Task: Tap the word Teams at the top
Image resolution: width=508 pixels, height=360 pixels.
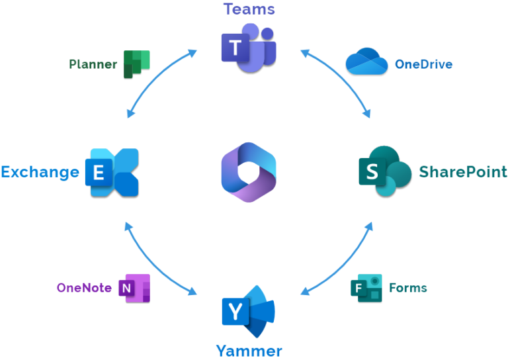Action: click(249, 9)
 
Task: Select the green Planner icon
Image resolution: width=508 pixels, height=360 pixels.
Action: click(136, 64)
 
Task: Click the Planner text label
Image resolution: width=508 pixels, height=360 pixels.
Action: click(93, 64)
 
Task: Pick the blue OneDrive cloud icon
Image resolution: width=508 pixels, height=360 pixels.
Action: click(366, 62)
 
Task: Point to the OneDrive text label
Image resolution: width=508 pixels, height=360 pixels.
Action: click(423, 64)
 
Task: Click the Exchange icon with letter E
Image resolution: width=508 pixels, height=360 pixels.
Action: click(112, 172)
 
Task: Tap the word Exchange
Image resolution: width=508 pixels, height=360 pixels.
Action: click(40, 172)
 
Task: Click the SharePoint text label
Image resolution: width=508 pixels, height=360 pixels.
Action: click(463, 172)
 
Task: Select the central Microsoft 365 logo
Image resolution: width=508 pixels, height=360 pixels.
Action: click(248, 172)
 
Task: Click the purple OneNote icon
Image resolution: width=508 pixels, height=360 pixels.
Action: click(134, 288)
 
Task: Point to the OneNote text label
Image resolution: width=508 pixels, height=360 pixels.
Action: click(84, 288)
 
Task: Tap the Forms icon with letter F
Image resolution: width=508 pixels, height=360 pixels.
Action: click(366, 288)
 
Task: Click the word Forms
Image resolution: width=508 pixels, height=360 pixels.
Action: click(408, 288)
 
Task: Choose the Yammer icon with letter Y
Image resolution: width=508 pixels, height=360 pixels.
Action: click(248, 311)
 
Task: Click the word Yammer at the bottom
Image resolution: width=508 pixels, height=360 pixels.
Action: click(249, 351)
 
